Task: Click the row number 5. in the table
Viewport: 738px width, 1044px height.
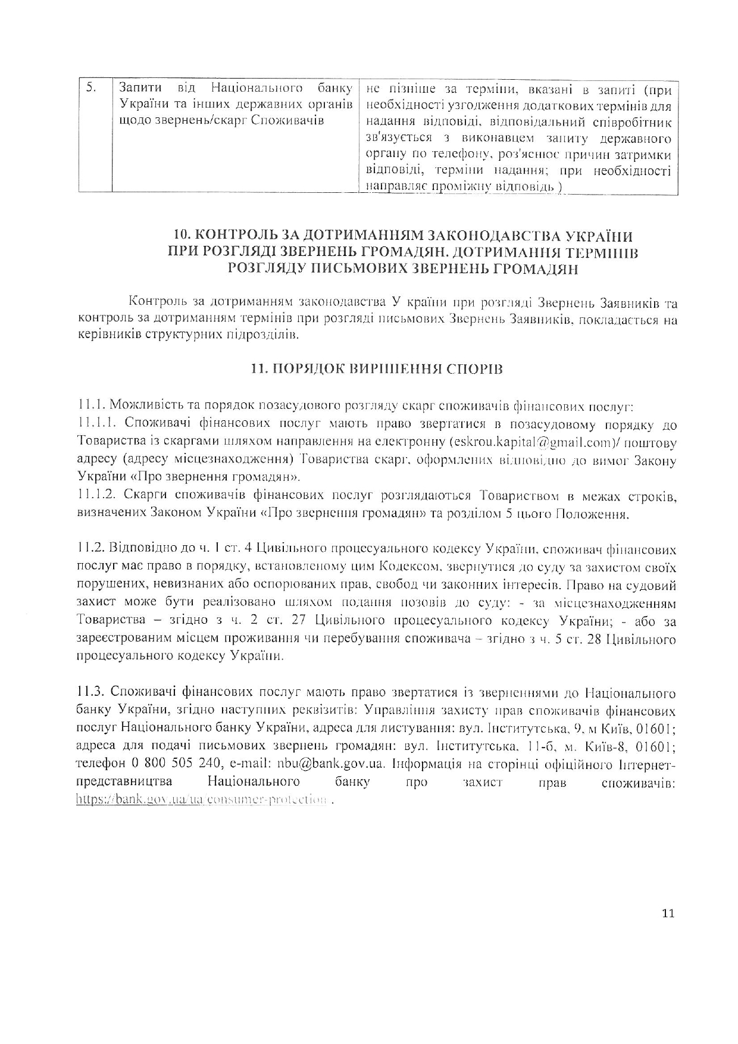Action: pos(90,88)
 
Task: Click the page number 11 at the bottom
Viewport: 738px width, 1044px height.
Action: pos(668,913)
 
